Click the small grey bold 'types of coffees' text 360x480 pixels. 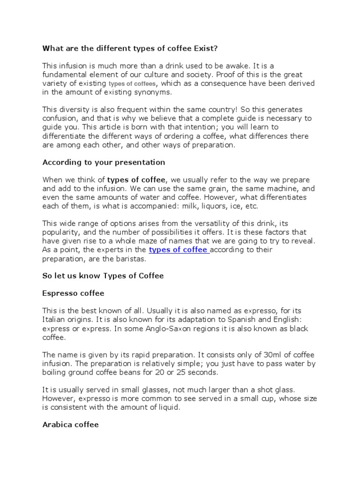pos(132,83)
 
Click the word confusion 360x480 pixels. pos(60,118)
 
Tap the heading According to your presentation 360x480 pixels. pos(104,162)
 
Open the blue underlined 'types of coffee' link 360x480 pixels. pos(178,250)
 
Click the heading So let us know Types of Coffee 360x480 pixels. pos(103,276)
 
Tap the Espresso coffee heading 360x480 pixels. pos(73,293)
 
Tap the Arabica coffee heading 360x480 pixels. pos(71,425)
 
